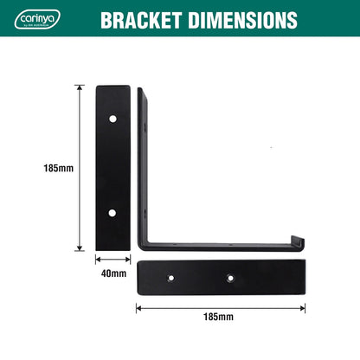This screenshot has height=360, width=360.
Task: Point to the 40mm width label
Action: click(x=113, y=274)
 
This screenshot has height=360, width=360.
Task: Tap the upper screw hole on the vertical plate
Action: click(x=112, y=118)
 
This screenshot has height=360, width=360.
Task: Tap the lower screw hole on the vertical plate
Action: click(x=112, y=212)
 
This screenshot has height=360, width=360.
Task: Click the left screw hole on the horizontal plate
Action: click(x=171, y=278)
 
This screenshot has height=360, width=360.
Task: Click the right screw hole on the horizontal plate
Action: click(x=229, y=278)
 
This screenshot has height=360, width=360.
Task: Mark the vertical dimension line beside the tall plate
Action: click(x=80, y=168)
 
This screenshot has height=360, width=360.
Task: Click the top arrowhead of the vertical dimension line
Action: click(x=80, y=87)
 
